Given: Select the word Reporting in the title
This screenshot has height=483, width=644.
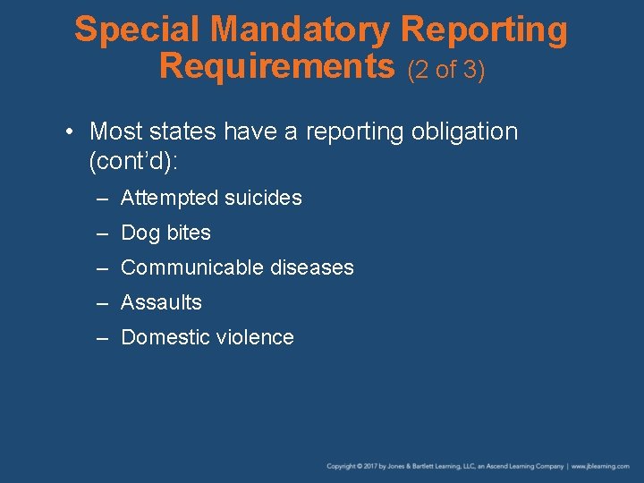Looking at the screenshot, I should click(x=484, y=30).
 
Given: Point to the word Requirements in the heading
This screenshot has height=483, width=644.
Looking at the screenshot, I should click(x=276, y=65).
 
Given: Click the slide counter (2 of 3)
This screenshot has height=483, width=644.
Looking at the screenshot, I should click(x=446, y=69).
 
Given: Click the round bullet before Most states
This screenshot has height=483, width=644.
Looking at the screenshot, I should click(x=70, y=131).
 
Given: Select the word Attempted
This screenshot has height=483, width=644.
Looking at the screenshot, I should click(x=167, y=198).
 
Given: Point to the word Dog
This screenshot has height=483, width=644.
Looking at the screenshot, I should click(x=140, y=233).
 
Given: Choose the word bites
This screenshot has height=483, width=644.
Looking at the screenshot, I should click(x=188, y=233).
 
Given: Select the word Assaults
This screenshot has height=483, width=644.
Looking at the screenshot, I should click(x=161, y=302).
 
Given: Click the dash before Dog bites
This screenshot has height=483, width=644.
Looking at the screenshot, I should click(x=103, y=233).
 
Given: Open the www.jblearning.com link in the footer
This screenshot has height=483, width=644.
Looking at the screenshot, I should click(x=601, y=466).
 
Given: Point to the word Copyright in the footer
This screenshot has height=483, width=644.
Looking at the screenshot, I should click(x=342, y=466).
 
